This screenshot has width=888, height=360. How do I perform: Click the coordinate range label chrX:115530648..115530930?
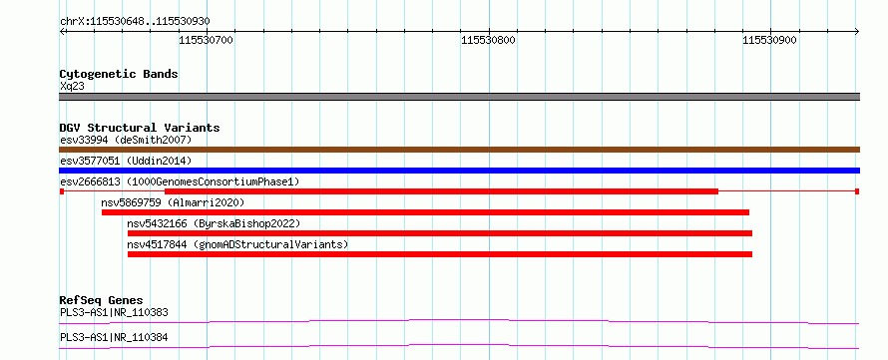click(x=135, y=22)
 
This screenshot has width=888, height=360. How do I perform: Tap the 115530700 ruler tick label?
click(x=207, y=40)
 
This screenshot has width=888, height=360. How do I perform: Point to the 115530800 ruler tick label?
click(x=488, y=40)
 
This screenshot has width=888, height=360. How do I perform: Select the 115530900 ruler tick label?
click(x=769, y=40)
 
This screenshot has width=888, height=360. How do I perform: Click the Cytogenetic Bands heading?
click(x=119, y=74)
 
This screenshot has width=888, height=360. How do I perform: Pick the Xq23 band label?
click(x=72, y=87)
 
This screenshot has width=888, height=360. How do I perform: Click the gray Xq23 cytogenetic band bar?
click(x=459, y=97)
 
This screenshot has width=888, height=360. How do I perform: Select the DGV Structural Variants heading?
click(x=140, y=128)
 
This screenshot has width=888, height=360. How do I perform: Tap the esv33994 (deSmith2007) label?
click(x=126, y=140)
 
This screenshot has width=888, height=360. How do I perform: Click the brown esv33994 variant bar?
click(x=459, y=150)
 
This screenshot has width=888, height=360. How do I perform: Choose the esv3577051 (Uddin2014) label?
click(x=126, y=161)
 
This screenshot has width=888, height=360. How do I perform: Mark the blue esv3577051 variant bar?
click(x=459, y=171)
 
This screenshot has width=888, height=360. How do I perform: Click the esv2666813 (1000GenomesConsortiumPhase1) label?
click(x=180, y=181)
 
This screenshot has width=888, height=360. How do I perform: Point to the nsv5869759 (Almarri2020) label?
click(x=173, y=202)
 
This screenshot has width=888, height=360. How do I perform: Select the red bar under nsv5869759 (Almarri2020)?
click(x=425, y=212)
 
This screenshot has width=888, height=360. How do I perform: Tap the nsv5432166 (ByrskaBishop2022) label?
click(x=214, y=223)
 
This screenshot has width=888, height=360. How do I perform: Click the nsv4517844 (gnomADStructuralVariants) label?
click(x=237, y=244)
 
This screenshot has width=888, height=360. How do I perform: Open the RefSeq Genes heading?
click(x=102, y=300)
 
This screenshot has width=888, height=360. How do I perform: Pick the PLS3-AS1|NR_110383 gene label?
click(x=114, y=312)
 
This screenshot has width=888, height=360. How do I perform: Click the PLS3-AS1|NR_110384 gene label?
click(x=114, y=338)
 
